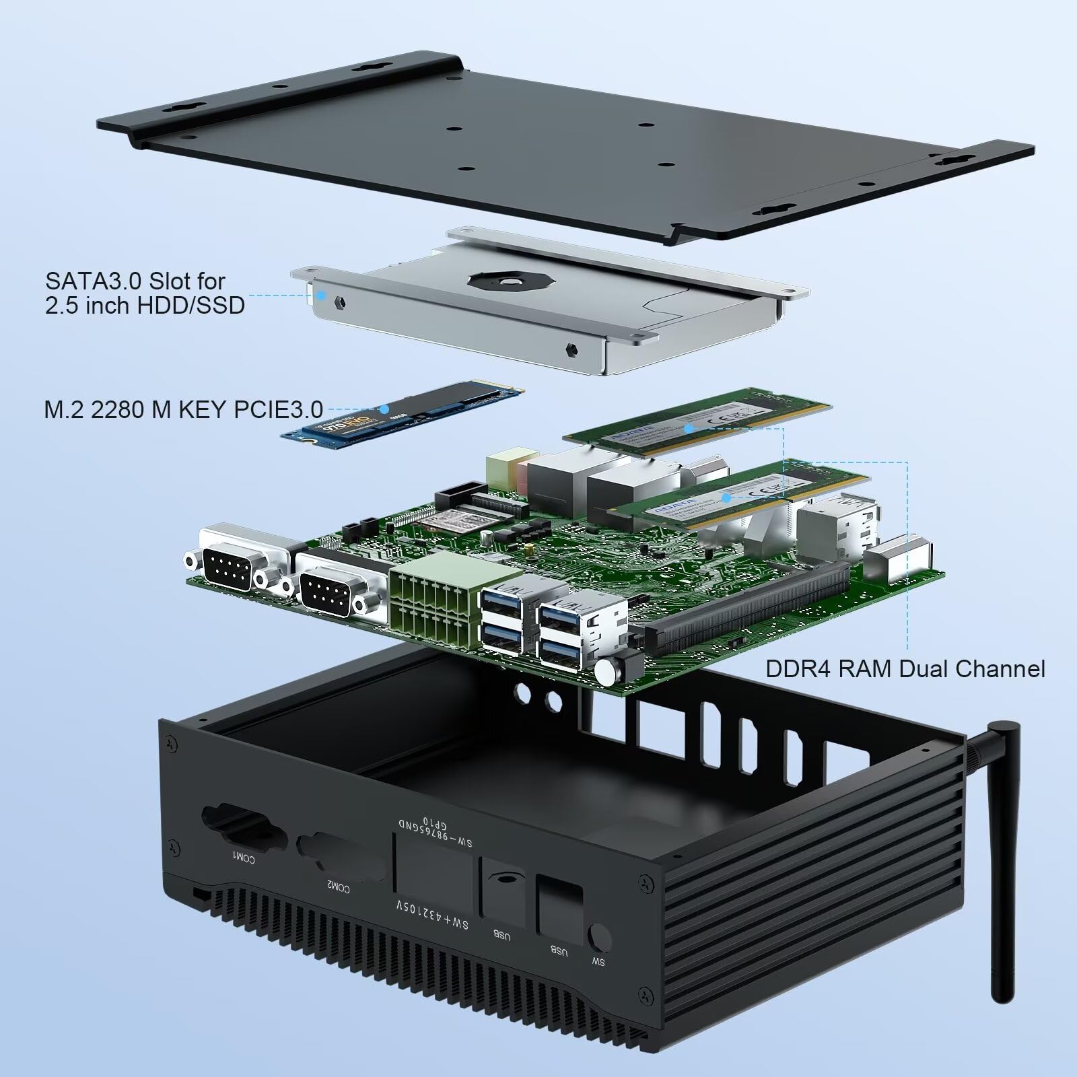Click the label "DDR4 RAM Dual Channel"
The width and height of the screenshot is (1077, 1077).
click(905, 668)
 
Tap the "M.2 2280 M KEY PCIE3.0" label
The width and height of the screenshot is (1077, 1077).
click(183, 409)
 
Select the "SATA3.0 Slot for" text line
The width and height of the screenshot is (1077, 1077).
click(135, 281)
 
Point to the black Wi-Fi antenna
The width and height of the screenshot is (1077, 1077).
click(1003, 862)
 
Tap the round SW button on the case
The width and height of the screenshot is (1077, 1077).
click(598, 938)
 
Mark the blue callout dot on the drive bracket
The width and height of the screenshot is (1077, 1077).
click(322, 295)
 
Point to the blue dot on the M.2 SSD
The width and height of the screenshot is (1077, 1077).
click(384, 408)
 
